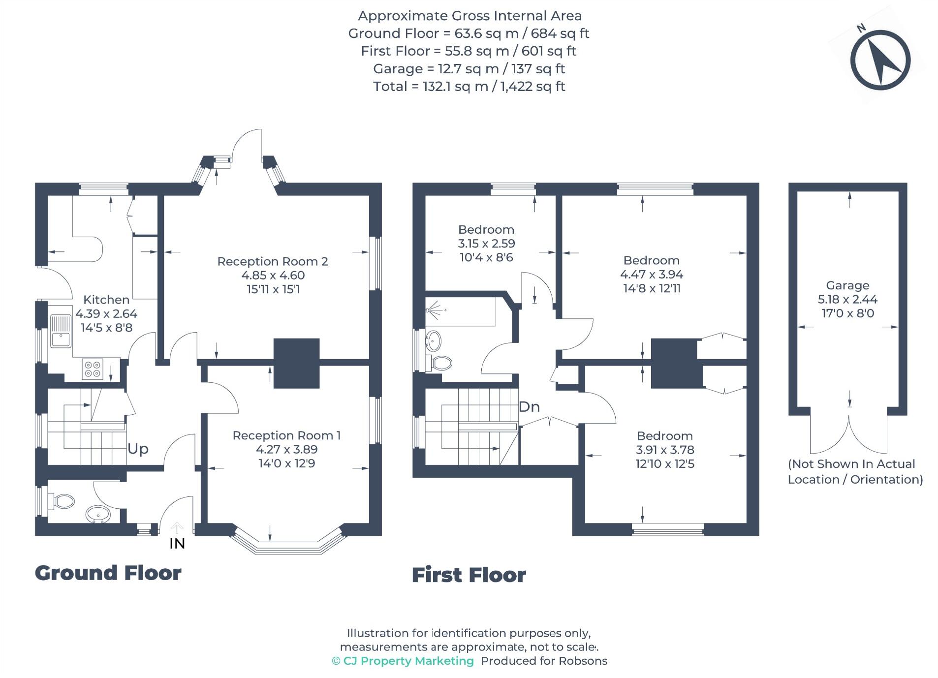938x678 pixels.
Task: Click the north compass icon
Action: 880,60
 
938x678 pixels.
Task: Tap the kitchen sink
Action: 61,331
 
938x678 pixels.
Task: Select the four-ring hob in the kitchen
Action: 93,369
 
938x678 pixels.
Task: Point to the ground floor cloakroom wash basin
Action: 97,515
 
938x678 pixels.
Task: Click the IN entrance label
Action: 177,543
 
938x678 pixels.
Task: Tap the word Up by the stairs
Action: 138,449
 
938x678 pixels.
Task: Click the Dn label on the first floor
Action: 529,407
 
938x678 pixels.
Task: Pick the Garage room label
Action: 847,285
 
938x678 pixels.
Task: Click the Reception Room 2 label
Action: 273,261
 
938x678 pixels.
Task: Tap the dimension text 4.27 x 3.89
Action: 286,449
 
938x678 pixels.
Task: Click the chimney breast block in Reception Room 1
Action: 296,363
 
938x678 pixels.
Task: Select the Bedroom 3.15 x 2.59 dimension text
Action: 486,243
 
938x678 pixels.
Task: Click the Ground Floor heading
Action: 108,573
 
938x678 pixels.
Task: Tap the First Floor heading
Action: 469,575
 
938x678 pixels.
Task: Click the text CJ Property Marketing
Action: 408,661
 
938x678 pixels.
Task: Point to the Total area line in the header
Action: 469,87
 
